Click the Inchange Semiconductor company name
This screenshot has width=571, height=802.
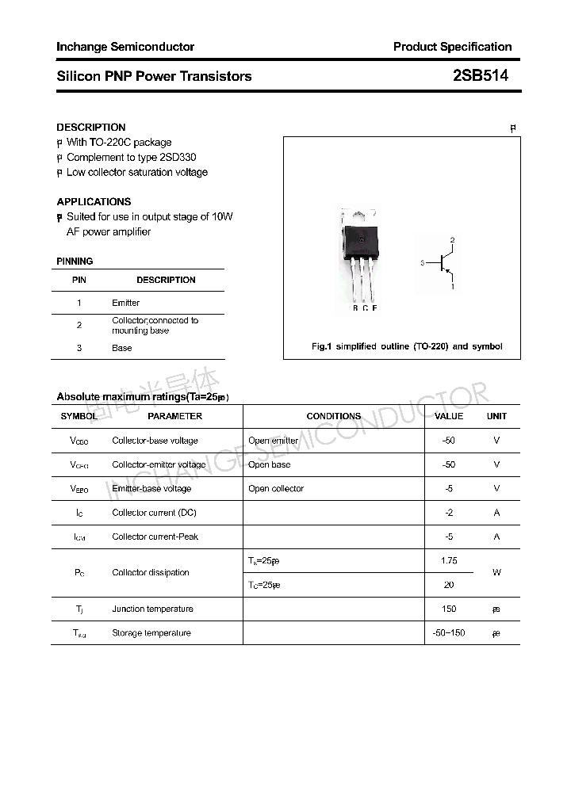coord(125,47)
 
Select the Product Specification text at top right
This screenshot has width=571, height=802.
coord(452,47)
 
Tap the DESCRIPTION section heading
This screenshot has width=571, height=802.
coord(91,127)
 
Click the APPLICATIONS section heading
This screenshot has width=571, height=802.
coord(94,201)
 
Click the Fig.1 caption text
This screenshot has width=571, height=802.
coord(406,346)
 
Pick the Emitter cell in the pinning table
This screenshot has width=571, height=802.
coord(126,303)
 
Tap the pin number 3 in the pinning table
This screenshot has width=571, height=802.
coord(79,348)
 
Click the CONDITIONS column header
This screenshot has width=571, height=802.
coord(333,416)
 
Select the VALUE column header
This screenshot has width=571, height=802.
coord(449,416)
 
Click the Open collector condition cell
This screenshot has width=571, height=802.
coord(276,489)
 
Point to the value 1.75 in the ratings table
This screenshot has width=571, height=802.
coord(449,560)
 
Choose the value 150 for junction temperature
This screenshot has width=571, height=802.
coord(449,609)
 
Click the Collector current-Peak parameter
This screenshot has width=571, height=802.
coord(155,537)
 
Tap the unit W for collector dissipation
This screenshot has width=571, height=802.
coord(496,572)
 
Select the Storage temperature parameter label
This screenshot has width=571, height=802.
coord(151,632)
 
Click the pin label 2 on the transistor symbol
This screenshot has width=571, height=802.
coord(453,239)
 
